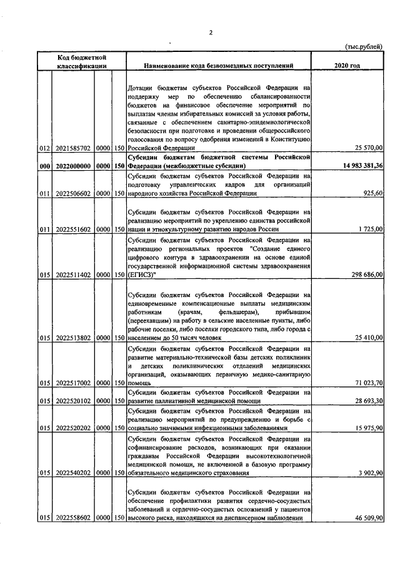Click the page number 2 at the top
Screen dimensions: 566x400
click(211, 33)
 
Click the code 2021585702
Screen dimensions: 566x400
click(74, 166)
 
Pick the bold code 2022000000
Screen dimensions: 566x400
click(74, 183)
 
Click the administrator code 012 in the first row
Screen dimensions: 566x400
click(44, 166)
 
